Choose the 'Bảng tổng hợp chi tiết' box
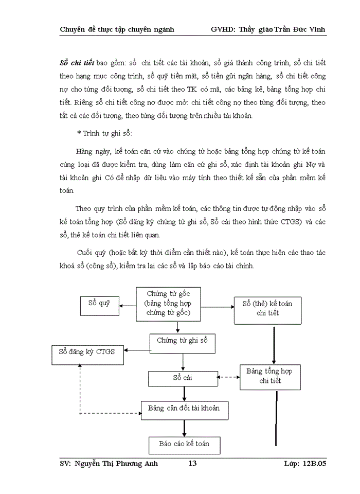click(x=270, y=376)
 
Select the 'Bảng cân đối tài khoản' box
click(x=184, y=410)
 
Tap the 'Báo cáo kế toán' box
click(x=184, y=445)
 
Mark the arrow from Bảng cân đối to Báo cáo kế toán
click(x=184, y=428)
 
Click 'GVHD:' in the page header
click(x=223, y=29)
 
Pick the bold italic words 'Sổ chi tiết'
click(x=77, y=63)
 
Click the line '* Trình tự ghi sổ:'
click(x=104, y=133)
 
